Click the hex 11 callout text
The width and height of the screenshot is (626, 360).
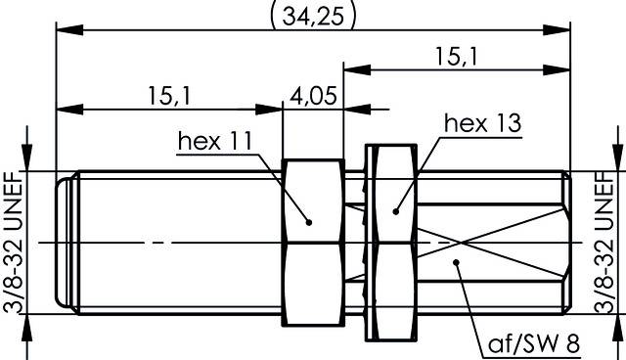tap(214, 142)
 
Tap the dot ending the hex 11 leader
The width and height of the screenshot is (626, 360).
tap(309, 220)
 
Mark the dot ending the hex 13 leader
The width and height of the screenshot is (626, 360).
tap(397, 209)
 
